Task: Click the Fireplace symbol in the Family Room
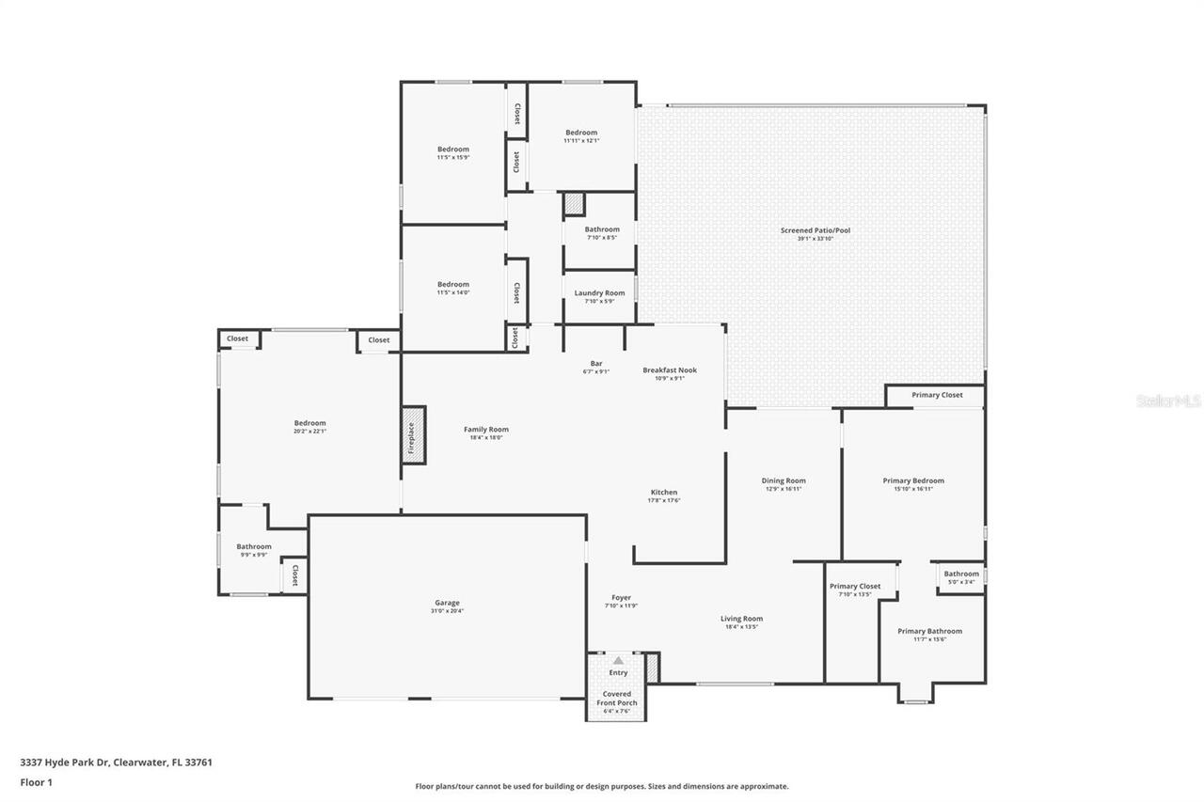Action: click(x=414, y=434)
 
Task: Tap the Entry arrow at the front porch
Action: click(x=618, y=661)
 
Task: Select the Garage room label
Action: click(x=447, y=603)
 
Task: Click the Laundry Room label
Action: click(x=599, y=293)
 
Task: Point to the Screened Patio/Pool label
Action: click(x=815, y=230)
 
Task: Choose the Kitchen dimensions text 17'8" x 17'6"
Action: click(x=664, y=501)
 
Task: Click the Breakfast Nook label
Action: click(x=670, y=370)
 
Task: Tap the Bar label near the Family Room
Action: click(x=596, y=364)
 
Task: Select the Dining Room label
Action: click(x=784, y=480)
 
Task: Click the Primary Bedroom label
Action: click(x=913, y=480)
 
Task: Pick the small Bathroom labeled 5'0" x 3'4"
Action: click(x=961, y=574)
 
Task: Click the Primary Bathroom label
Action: click(x=929, y=631)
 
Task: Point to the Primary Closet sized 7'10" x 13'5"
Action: click(x=855, y=586)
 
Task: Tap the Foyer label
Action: click(x=621, y=598)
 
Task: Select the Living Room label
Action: click(x=742, y=619)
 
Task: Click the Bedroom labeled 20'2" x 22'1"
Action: click(x=309, y=423)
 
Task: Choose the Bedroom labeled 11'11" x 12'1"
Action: click(x=581, y=133)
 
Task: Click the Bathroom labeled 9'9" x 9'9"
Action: click(x=254, y=546)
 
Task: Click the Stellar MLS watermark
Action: click(x=1168, y=401)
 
